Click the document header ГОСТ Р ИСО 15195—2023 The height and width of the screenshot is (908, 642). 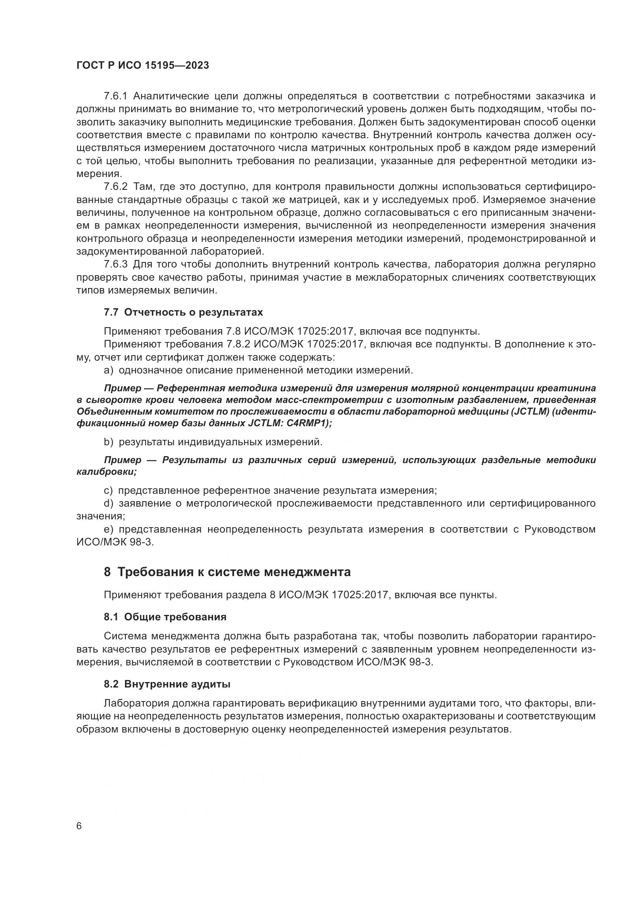(143, 66)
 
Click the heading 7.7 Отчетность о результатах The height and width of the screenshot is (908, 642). (183, 313)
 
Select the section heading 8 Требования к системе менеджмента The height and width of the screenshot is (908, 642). (227, 572)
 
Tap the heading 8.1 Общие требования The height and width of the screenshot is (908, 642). (165, 617)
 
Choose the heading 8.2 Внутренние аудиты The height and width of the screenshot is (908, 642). (167, 684)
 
